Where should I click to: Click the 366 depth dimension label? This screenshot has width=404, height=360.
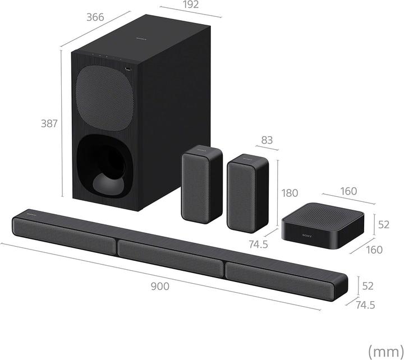(95, 17)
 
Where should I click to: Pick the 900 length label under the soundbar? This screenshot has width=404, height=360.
(159, 286)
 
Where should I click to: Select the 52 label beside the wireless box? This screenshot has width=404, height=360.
(383, 225)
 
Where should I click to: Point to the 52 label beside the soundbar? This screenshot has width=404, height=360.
(368, 285)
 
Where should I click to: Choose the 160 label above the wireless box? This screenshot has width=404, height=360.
(348, 191)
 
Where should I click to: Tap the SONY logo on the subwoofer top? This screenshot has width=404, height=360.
(141, 40)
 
